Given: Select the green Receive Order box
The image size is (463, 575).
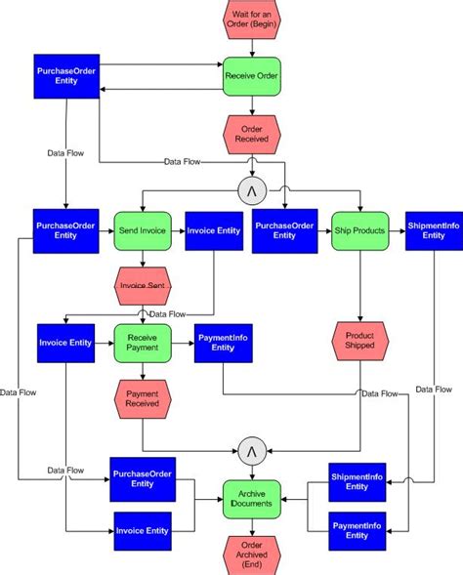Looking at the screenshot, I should click(x=252, y=75).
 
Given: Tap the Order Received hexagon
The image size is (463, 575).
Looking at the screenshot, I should click(x=252, y=132).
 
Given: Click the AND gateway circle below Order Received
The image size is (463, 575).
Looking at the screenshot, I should click(x=252, y=189).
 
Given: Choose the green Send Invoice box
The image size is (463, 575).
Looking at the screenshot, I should click(x=144, y=231).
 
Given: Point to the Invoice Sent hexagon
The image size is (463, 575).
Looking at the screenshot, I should click(x=144, y=285).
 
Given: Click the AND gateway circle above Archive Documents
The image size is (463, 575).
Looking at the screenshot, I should click(x=252, y=449).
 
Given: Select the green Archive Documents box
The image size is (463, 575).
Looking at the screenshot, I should click(x=252, y=498).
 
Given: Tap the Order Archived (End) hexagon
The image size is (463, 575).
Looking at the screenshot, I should click(x=252, y=553).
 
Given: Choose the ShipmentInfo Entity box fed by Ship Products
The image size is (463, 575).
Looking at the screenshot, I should click(x=434, y=231).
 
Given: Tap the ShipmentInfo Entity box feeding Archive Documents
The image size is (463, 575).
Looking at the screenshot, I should click(x=358, y=481).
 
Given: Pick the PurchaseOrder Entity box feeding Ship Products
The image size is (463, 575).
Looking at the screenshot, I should click(x=284, y=231).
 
